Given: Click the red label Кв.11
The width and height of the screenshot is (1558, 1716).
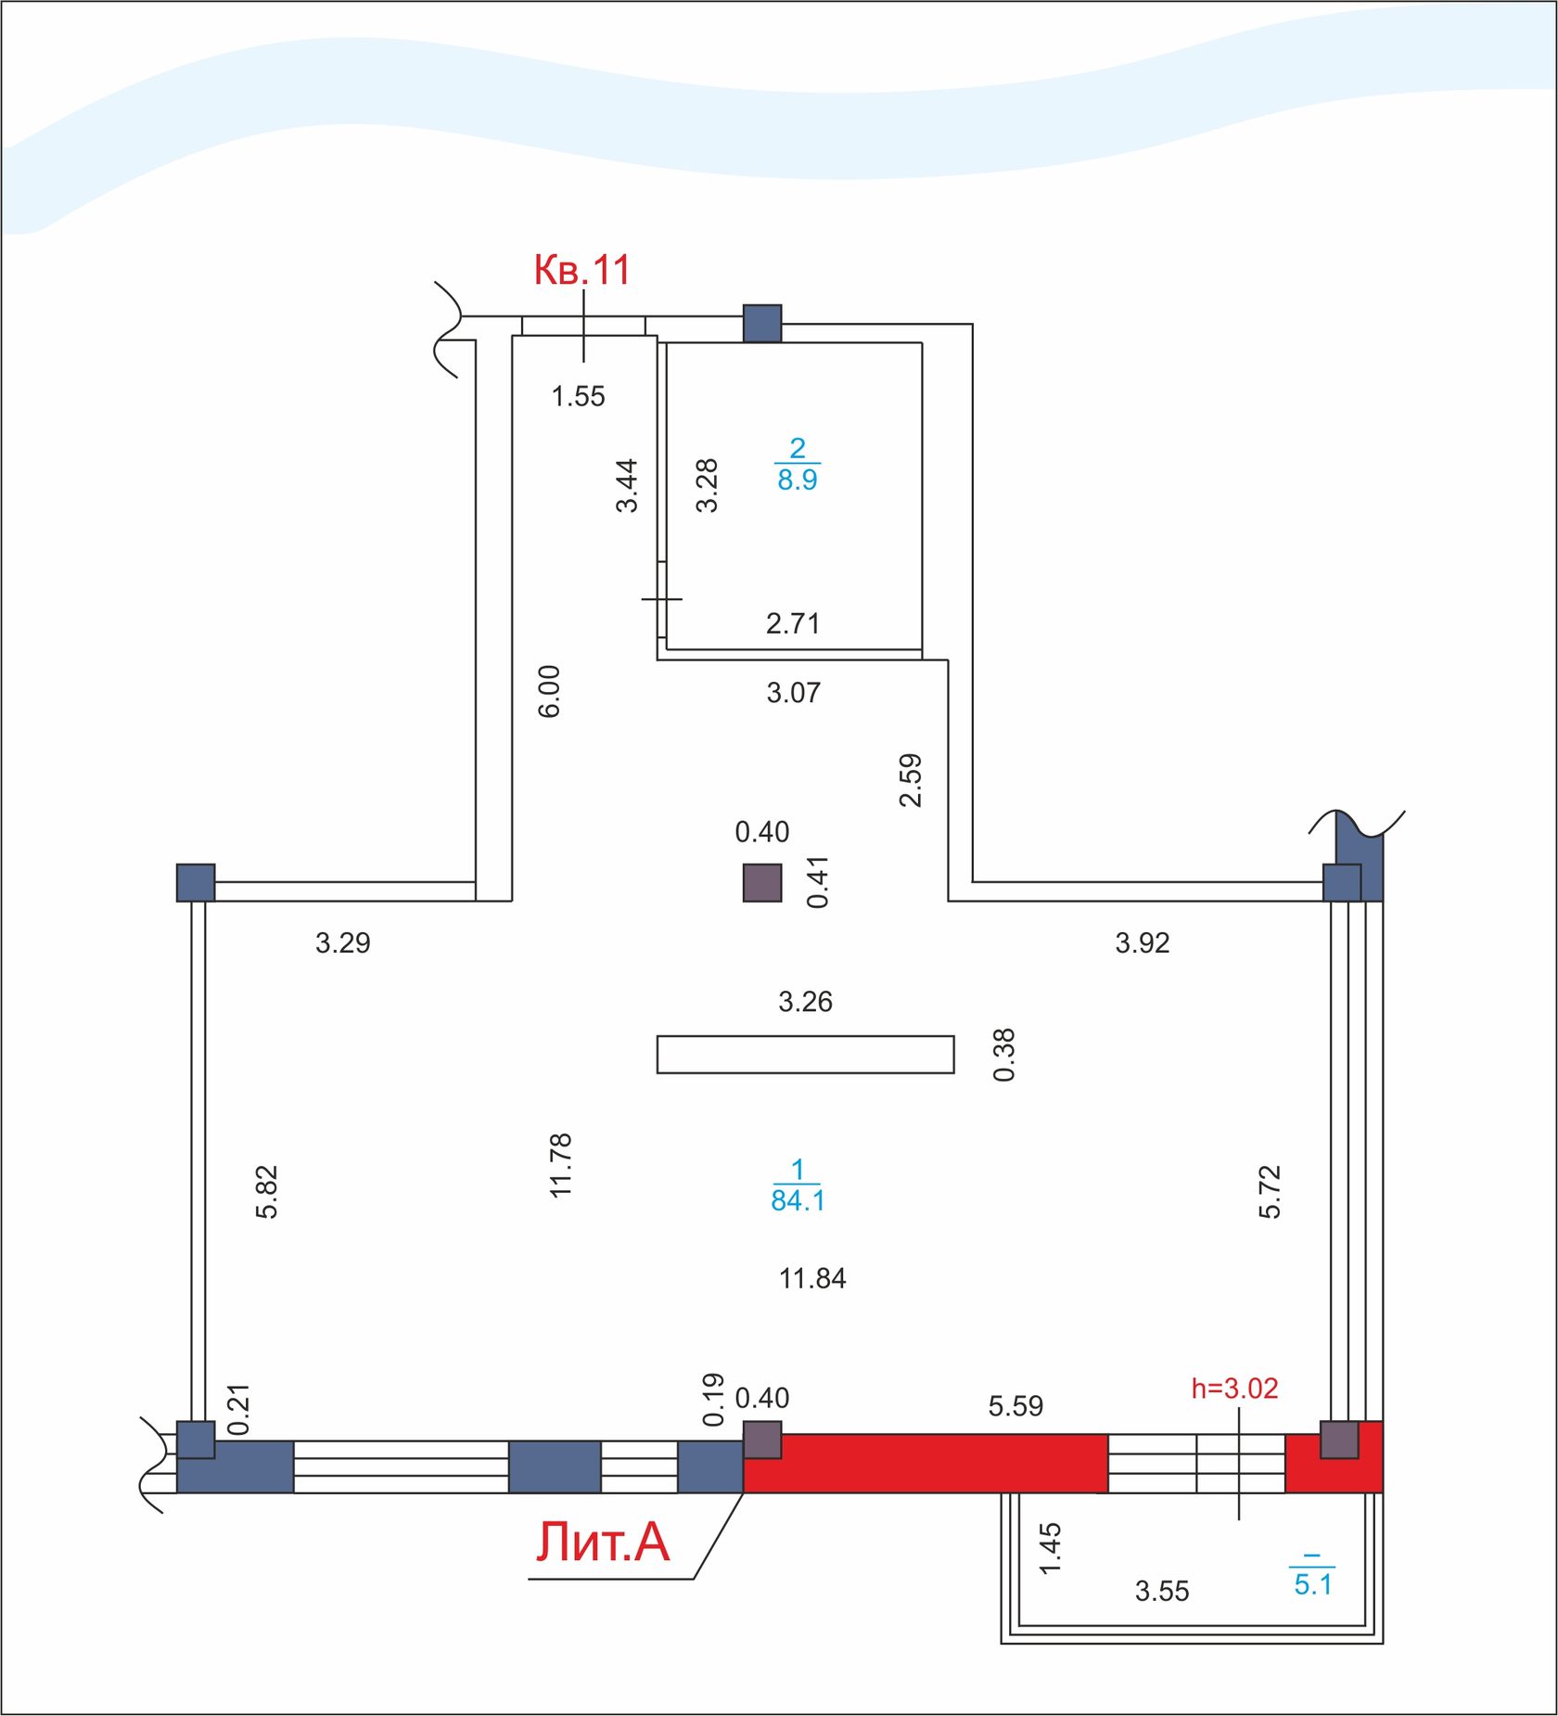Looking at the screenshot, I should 581,270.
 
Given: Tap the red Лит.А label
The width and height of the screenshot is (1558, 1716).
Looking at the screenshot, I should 603,1542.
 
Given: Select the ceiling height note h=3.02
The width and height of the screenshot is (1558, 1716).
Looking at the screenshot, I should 1234,1389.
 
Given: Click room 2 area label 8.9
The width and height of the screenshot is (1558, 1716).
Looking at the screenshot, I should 797,480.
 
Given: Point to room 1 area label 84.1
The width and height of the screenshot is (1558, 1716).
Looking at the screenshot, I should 798,1200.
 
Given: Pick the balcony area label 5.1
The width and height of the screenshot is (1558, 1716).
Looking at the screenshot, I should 1313,1584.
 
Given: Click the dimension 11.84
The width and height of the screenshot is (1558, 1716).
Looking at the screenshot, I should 812,1279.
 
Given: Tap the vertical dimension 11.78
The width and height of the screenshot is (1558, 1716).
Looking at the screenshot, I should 561,1165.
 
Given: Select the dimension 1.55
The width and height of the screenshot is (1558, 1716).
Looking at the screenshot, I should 578,396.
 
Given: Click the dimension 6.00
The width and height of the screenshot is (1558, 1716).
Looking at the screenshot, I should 549,691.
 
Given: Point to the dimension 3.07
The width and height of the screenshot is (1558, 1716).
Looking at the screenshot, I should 793,693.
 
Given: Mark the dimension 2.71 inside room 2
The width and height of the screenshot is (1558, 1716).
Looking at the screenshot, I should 793,623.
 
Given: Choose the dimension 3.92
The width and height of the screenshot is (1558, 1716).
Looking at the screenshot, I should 1143,943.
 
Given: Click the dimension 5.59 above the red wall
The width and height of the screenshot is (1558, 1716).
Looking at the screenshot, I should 1015,1406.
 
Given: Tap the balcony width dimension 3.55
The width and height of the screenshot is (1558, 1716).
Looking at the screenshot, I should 1162,1592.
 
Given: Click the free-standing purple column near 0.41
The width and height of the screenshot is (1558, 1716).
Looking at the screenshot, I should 762,882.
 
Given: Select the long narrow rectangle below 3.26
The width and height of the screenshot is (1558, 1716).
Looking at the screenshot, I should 805,1055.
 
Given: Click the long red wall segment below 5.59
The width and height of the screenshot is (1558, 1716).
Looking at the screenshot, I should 926,1463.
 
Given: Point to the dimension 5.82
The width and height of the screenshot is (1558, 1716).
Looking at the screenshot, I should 267,1191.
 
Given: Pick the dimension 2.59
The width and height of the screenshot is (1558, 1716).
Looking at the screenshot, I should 911,780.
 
